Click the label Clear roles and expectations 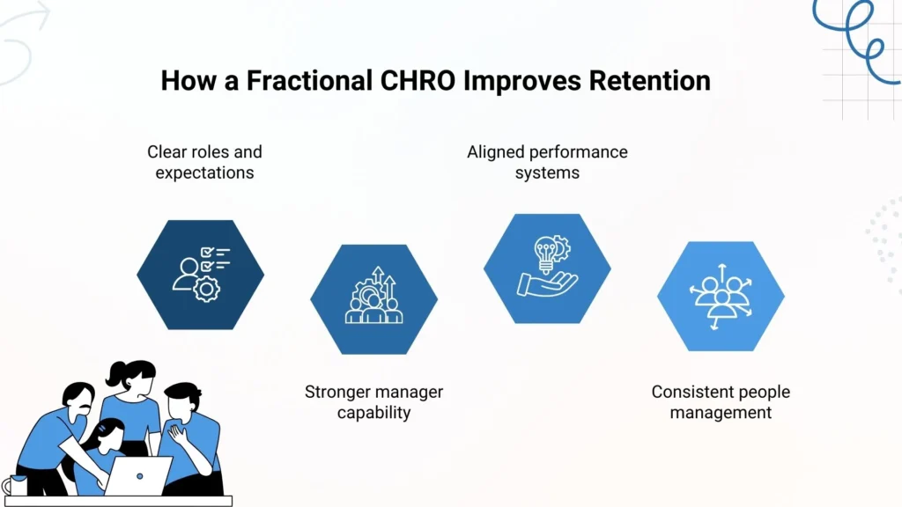pos(204,162)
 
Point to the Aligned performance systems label pos(547,162)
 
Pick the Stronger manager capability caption pos(373,401)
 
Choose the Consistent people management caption pos(721,401)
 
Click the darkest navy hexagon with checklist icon pos(201,275)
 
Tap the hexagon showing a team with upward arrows pos(373,299)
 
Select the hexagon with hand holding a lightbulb pos(547,268)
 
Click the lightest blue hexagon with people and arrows pos(721,296)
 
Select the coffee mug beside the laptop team pos(15,485)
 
